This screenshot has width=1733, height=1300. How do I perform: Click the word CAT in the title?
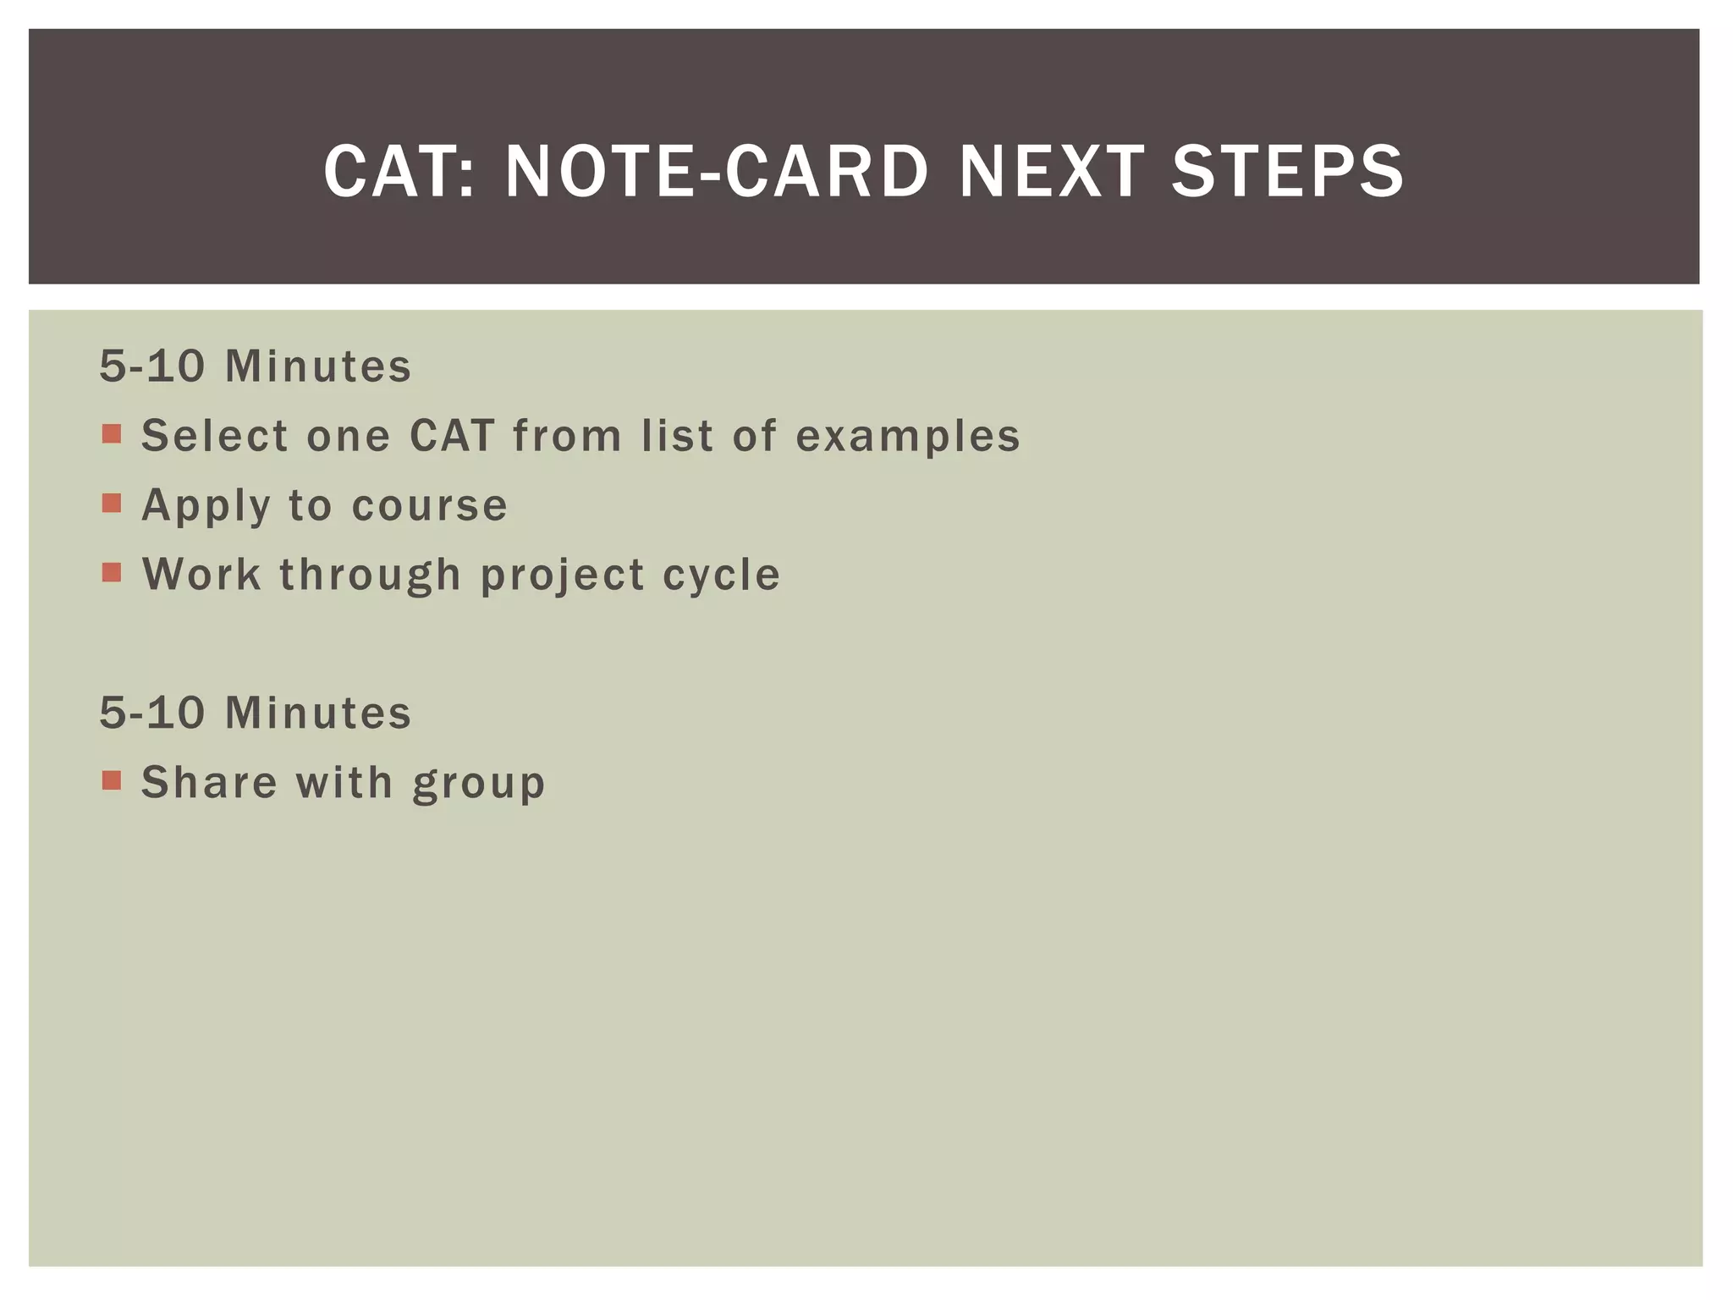click(x=391, y=172)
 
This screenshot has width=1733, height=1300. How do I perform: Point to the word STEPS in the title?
click(x=1287, y=172)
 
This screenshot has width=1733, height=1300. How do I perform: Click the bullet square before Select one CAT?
click(x=112, y=434)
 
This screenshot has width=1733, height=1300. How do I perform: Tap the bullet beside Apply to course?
click(x=112, y=504)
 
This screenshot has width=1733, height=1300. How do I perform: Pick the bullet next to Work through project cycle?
click(x=112, y=573)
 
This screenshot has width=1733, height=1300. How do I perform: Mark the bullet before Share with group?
click(x=112, y=780)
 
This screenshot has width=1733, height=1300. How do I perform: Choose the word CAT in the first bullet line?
click(x=452, y=436)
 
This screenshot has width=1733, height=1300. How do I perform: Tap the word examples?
click(x=908, y=436)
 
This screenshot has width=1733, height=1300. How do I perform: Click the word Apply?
click(x=206, y=506)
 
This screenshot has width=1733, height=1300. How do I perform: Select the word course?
click(x=430, y=506)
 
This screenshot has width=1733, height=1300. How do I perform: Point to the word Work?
click(x=202, y=575)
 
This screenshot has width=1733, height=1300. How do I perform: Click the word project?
click(x=563, y=576)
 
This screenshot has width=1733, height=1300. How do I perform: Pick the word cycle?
click(x=722, y=576)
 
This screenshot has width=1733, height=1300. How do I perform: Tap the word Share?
click(x=209, y=782)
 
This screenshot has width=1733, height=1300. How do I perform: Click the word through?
click(x=371, y=575)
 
